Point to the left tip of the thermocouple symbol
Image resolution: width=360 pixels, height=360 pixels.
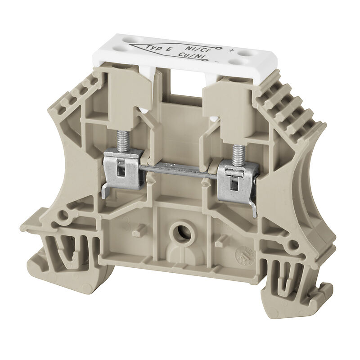[x=131, y=46]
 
